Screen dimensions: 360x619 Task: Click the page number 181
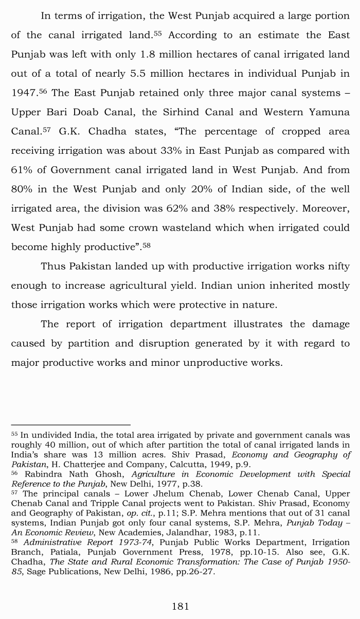(180, 606)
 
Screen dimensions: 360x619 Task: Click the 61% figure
(21, 170)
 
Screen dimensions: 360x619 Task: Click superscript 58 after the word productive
(147, 245)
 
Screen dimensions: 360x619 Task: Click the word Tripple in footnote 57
(107, 503)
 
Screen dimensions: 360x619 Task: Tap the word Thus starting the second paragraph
(53, 266)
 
